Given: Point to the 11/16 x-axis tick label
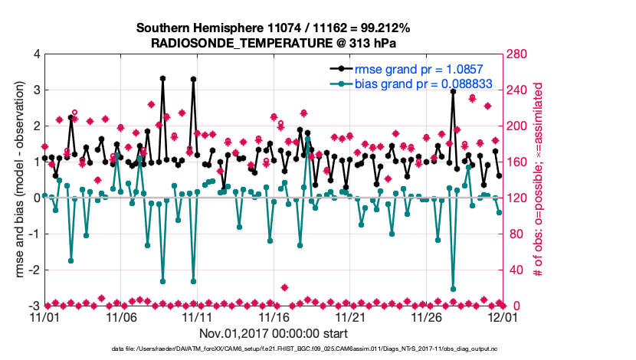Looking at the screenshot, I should tap(274, 316).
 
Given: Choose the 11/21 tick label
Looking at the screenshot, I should tap(351, 316).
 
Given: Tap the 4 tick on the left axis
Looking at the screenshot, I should tap(36, 54).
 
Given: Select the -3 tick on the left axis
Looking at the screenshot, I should tap(34, 306).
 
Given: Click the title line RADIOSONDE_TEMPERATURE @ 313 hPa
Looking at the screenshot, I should tap(274, 44).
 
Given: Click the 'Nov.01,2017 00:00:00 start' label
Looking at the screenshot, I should tap(274, 333).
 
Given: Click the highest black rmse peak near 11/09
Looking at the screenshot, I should tap(162, 78).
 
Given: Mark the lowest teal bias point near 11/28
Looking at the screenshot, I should tap(454, 289).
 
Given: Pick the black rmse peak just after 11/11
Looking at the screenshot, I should tap(193, 79).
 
